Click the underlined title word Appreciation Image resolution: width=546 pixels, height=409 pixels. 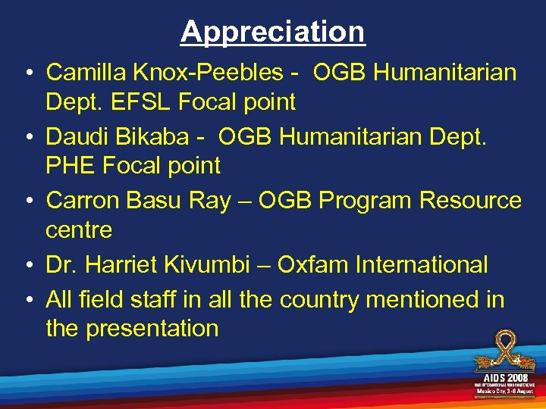pyautogui.click(x=273, y=32)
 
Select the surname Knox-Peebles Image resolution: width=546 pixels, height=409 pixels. pyautogui.click(x=206, y=73)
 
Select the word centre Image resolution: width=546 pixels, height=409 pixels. pyautogui.click(x=79, y=229)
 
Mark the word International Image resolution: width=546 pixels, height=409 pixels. pyautogui.click(x=421, y=265)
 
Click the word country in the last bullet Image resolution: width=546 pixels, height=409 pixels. pyautogui.click(x=319, y=301)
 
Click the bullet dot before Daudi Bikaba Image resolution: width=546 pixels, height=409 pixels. pyautogui.click(x=27, y=138)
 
